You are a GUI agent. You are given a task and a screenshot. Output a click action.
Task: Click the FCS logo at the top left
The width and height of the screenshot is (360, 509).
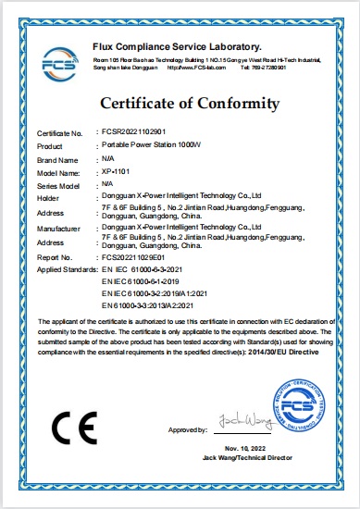(61, 62)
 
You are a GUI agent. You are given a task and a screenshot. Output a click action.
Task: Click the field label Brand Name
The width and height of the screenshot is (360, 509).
(55, 160)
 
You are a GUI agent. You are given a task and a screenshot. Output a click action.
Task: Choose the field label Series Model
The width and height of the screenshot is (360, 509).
(56, 184)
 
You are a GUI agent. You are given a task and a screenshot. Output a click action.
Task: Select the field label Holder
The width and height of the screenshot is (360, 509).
(47, 196)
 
